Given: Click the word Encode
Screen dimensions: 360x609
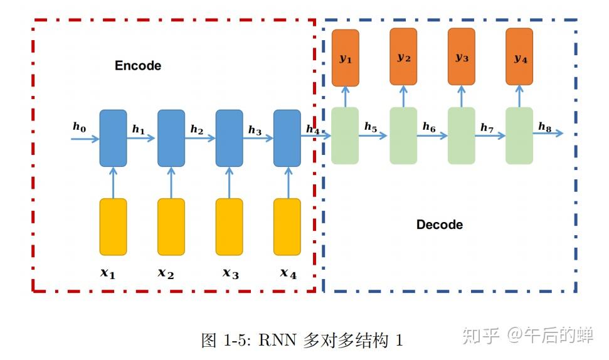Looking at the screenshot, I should coord(137,66).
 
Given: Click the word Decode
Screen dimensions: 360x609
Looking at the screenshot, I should coord(440,225).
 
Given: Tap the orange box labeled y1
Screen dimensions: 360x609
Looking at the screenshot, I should coord(346,58).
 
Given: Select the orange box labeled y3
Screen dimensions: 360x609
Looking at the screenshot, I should coord(462,56).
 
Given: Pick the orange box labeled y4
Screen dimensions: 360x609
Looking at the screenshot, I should coord(519,56).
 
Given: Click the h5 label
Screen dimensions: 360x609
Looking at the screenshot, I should coord(371,127).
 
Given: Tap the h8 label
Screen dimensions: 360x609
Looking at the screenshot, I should coord(544,127).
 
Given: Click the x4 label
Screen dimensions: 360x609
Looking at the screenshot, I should coord(288,273).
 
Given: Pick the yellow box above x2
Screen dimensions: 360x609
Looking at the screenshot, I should coord(171,226).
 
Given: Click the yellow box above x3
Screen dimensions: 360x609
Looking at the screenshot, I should coord(229,226).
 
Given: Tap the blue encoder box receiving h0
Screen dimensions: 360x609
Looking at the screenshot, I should coord(113,138).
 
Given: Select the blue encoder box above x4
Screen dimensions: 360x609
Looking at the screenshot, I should coord(287,138).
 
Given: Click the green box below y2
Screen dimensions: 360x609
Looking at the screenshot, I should coord(403,135).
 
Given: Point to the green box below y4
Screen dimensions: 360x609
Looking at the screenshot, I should coord(519,135).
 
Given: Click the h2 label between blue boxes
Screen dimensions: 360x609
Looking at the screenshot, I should coord(197,129).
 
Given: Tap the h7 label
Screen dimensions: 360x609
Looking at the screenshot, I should coord(487,127).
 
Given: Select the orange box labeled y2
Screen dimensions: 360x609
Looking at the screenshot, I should coord(403,56).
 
